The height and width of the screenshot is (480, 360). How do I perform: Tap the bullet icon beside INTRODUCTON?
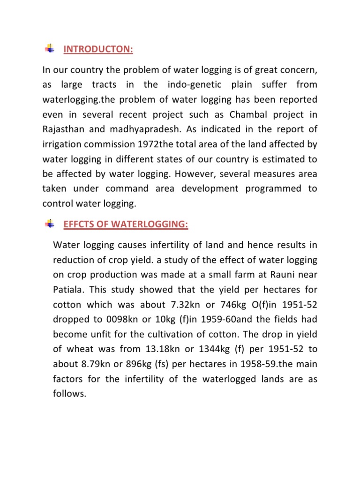[49, 49]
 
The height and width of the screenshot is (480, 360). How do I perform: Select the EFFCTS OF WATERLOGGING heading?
[126, 225]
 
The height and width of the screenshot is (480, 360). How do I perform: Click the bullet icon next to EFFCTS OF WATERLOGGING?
[49, 225]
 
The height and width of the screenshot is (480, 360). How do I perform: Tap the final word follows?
[70, 394]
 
